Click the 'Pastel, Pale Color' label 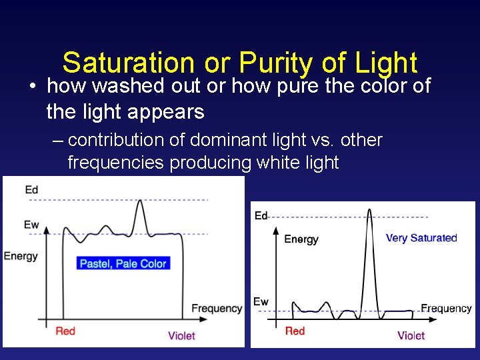[123, 263]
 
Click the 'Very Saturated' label [421, 238]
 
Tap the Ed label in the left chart [31, 190]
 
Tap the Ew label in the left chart [31, 225]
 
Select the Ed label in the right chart [261, 215]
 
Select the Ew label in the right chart [261, 302]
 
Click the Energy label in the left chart [21, 256]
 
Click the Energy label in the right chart [301, 239]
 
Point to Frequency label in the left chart [217, 308]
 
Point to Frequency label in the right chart [446, 308]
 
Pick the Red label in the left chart [65, 331]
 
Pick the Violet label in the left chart [181, 335]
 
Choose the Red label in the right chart [295, 331]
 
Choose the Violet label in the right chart [411, 335]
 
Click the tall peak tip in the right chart [369, 210]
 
